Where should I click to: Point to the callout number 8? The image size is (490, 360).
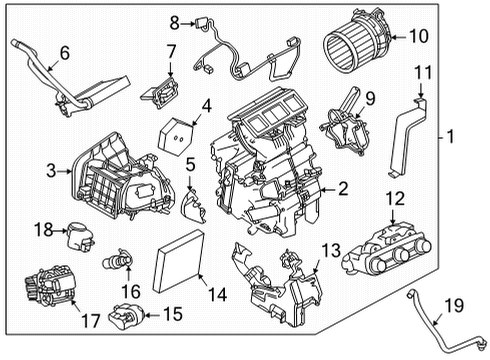click(x=174, y=22)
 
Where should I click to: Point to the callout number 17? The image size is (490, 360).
click(x=91, y=323)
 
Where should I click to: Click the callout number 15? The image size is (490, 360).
click(x=172, y=317)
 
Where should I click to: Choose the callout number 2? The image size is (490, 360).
click(x=342, y=187)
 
